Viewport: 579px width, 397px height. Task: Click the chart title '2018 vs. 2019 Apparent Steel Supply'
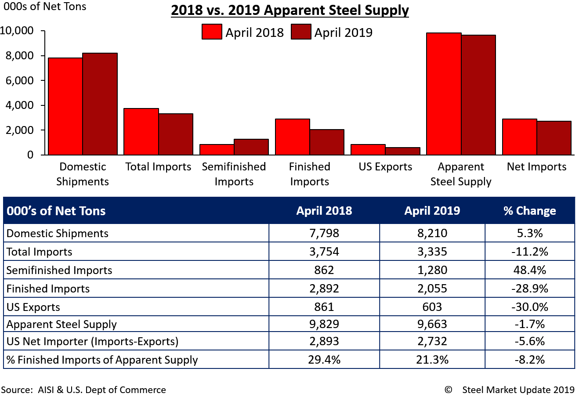tap(290, 10)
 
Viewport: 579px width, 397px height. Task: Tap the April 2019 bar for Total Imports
tap(176, 134)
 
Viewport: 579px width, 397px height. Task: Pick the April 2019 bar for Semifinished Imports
tap(251, 147)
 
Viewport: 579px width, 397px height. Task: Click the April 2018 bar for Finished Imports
tap(293, 137)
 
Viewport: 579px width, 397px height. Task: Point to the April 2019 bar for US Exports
tap(403, 151)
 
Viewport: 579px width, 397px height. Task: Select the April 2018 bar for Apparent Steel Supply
tap(444, 94)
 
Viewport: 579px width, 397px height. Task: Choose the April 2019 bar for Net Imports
tap(554, 138)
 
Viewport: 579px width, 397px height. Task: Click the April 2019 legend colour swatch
tap(301, 32)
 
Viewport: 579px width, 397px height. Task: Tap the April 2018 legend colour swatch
tap(212, 32)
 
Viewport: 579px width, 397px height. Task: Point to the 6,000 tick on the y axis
tap(42, 81)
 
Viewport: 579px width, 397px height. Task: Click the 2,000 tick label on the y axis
tap(18, 130)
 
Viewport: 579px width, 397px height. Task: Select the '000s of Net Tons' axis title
tap(45, 7)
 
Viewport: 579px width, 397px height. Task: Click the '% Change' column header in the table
tap(529, 211)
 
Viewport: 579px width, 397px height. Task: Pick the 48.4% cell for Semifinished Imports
tap(529, 270)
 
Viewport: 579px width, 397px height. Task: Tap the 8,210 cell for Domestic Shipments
tap(432, 233)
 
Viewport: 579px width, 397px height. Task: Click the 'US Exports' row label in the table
tap(33, 307)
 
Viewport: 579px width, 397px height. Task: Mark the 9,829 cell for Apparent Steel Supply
tap(324, 324)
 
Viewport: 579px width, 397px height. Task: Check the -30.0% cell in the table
tap(529, 307)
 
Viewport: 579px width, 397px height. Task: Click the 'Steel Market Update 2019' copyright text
tap(518, 390)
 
